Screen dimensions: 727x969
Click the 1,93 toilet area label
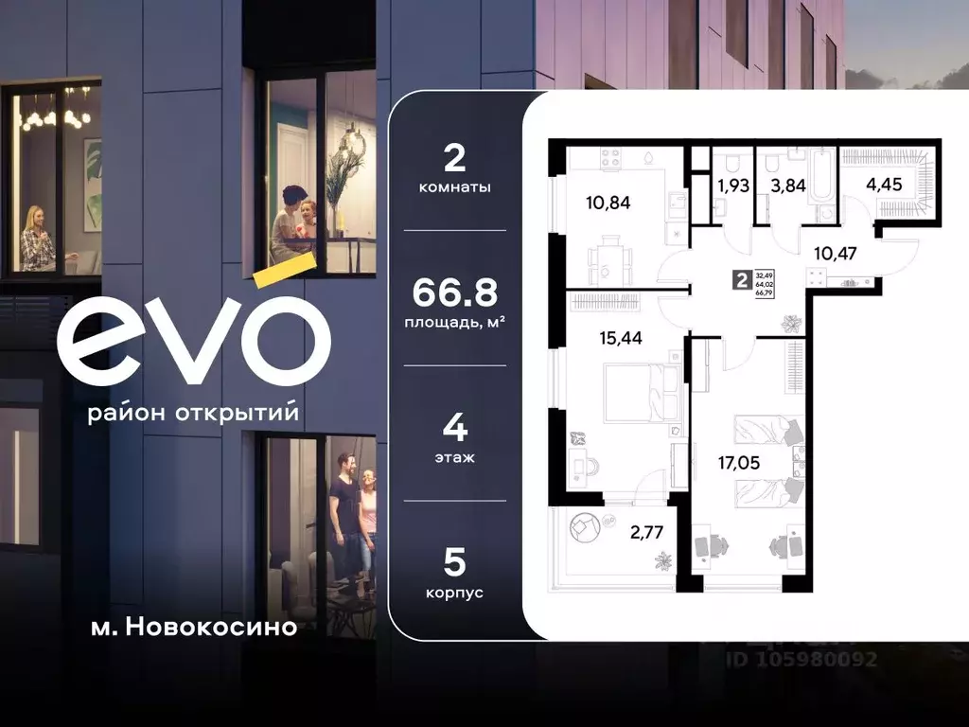[732, 186]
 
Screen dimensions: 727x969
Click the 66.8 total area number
[456, 292]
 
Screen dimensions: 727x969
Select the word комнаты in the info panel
[455, 187]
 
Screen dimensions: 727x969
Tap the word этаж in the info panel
[455, 457]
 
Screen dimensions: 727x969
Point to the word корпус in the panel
[455, 593]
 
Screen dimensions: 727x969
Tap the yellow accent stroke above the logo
[284, 269]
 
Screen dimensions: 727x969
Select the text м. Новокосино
[187, 627]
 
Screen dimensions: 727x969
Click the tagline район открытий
[193, 414]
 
